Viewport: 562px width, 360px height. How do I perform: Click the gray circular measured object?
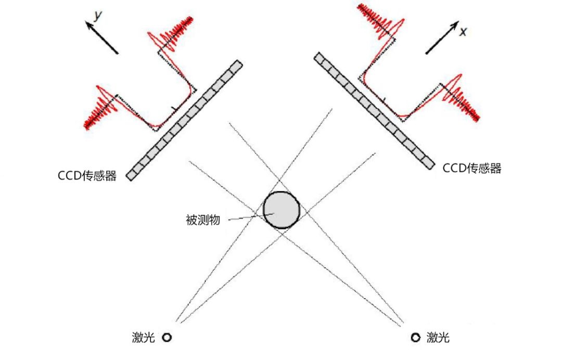point(282,210)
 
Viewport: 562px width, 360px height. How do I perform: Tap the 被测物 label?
point(203,220)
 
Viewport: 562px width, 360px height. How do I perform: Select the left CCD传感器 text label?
point(87,176)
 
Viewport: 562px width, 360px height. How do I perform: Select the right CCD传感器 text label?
point(472,168)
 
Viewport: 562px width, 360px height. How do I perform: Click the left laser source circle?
point(167,338)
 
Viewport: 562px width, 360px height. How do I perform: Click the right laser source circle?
point(415,338)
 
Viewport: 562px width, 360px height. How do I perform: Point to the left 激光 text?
point(144,338)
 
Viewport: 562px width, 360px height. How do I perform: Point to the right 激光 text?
point(438,338)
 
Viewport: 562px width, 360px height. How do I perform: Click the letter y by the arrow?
point(97,16)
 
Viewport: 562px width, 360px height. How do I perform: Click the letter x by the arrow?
point(464,32)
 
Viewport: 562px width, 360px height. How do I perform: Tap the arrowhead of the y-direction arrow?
point(88,24)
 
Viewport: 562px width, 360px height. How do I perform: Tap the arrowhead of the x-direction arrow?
point(455,25)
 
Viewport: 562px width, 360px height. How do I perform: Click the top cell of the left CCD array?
point(236,67)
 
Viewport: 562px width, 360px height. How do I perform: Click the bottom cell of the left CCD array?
point(132,174)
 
